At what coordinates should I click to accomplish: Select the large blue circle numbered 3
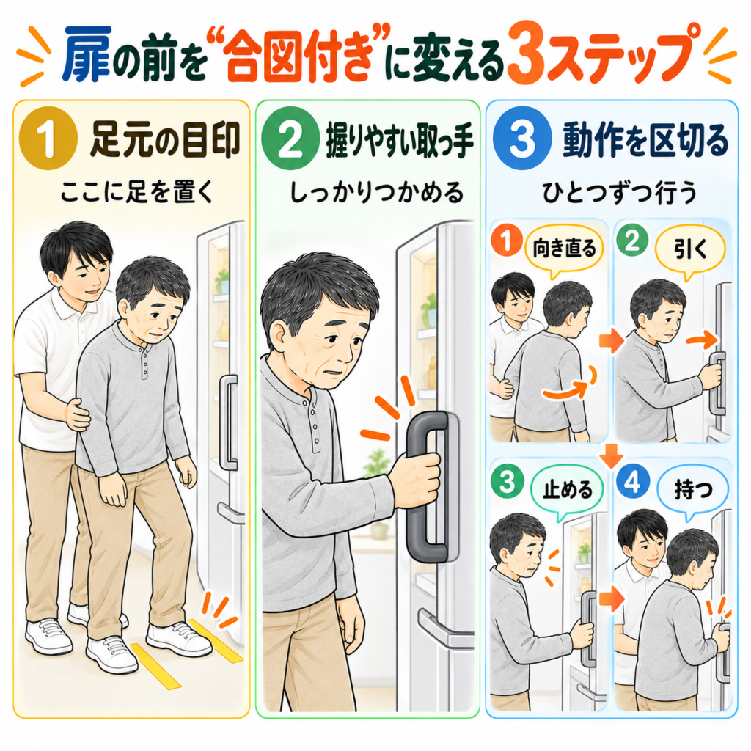(x=522, y=139)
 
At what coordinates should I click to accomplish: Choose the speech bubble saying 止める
(x=567, y=491)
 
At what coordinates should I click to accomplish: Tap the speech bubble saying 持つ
(x=693, y=491)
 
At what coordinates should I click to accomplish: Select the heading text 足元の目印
(x=165, y=140)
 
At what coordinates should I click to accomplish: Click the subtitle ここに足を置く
(x=136, y=193)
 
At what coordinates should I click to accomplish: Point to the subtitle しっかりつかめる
(x=377, y=193)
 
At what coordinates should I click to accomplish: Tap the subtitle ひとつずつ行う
(x=619, y=193)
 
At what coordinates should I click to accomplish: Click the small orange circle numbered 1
(x=506, y=240)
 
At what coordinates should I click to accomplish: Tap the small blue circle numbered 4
(x=632, y=483)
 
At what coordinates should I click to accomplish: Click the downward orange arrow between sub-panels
(x=611, y=456)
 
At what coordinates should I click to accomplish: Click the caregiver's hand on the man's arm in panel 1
(x=76, y=415)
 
